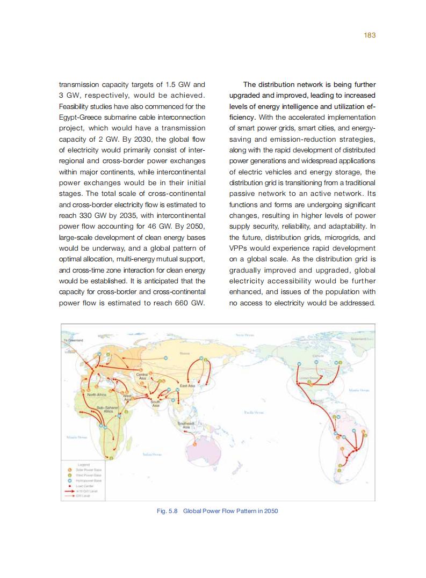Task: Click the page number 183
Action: point(369,35)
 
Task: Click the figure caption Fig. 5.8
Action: point(217,511)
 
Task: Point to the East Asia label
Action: point(187,386)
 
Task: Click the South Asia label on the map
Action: point(155,404)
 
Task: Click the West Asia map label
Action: point(128,398)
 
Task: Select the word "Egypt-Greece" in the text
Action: point(77,117)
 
